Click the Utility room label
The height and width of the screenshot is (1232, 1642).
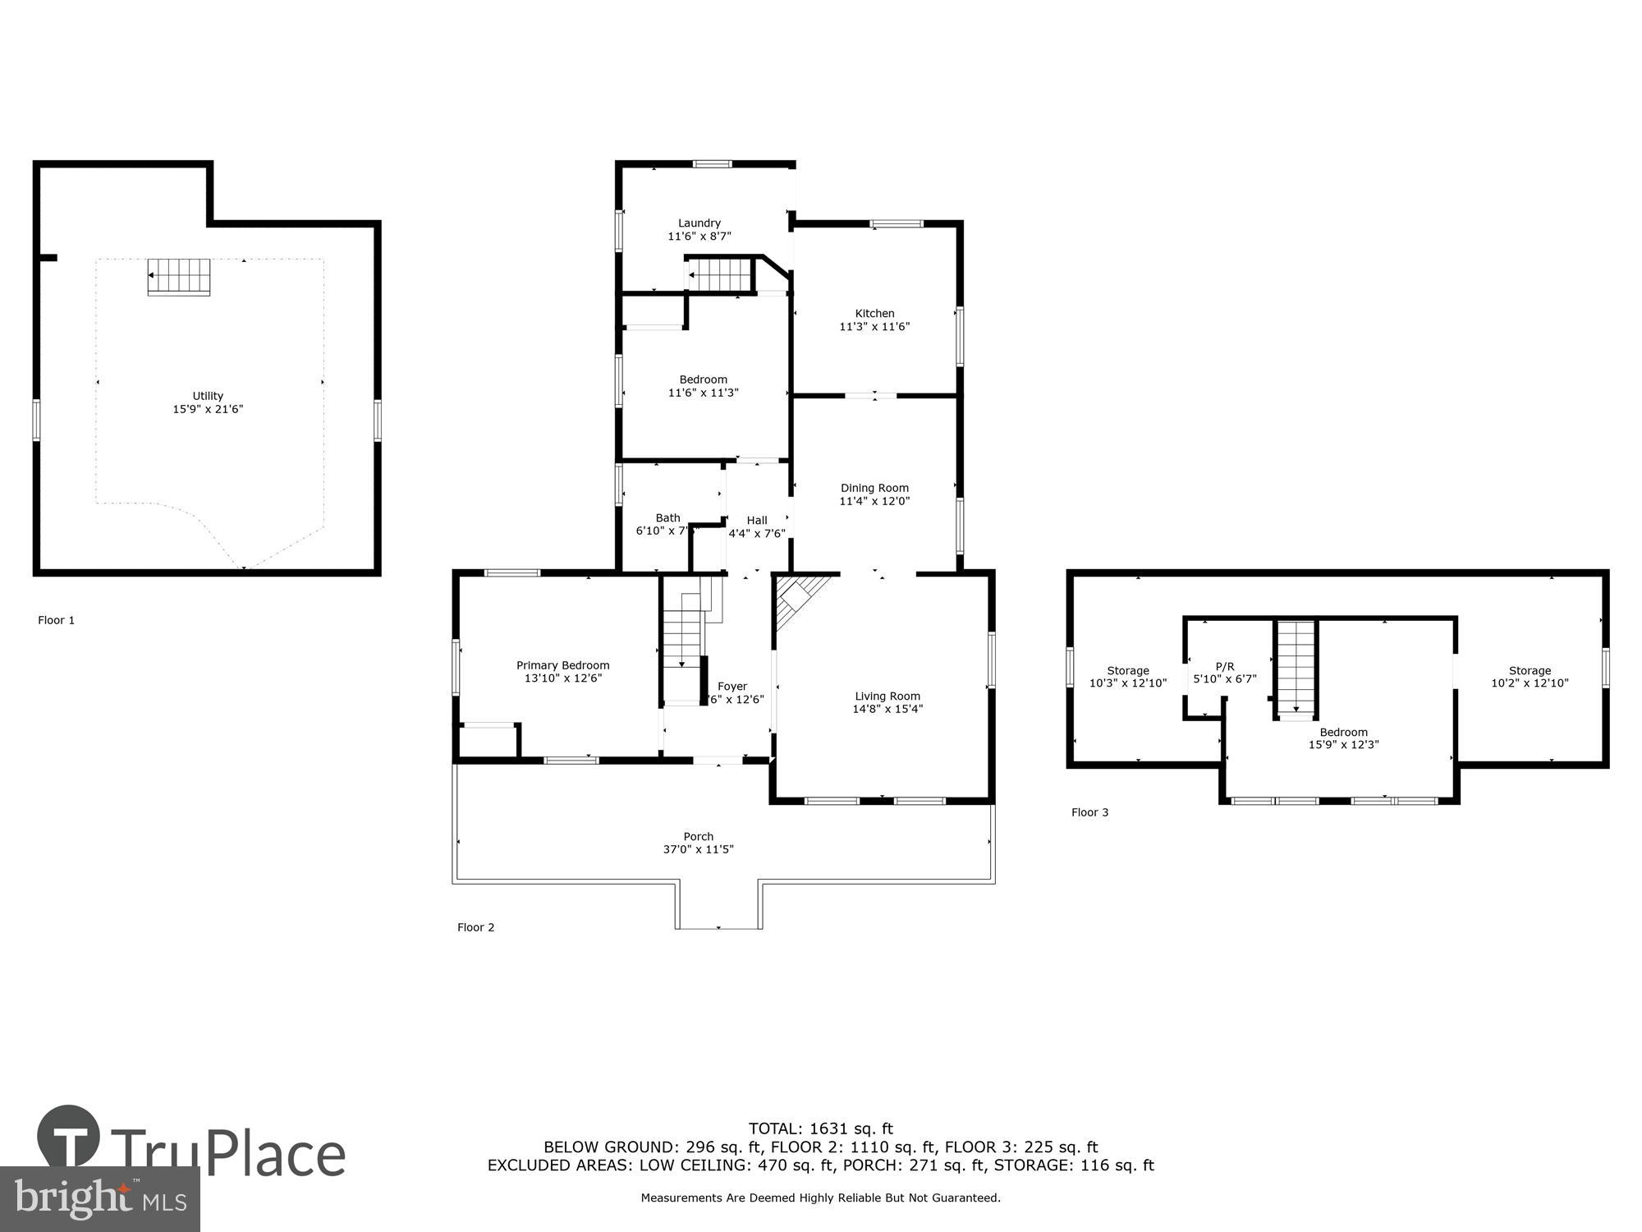click(x=208, y=396)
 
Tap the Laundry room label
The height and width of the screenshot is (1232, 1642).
click(x=699, y=223)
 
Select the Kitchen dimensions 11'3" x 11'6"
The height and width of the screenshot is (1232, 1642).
click(x=874, y=327)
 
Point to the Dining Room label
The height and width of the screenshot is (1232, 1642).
click(x=874, y=488)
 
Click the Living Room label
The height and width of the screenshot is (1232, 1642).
click(x=888, y=696)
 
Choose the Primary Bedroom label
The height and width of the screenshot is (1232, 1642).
click(x=562, y=665)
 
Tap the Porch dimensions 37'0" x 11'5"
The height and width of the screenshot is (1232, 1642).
click(x=699, y=850)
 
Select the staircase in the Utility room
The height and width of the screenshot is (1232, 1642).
click(x=179, y=277)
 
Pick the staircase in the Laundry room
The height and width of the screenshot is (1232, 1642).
click(x=720, y=274)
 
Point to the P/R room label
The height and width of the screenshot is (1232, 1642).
click(x=1225, y=666)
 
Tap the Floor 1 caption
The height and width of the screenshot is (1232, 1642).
click(x=56, y=620)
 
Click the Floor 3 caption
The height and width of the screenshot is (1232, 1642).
click(x=1089, y=812)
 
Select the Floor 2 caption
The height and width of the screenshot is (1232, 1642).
click(x=475, y=927)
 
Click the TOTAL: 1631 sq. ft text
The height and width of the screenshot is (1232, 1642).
click(x=820, y=1129)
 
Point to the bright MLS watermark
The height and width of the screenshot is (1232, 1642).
click(x=100, y=1199)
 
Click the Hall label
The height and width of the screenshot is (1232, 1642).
click(x=757, y=520)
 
